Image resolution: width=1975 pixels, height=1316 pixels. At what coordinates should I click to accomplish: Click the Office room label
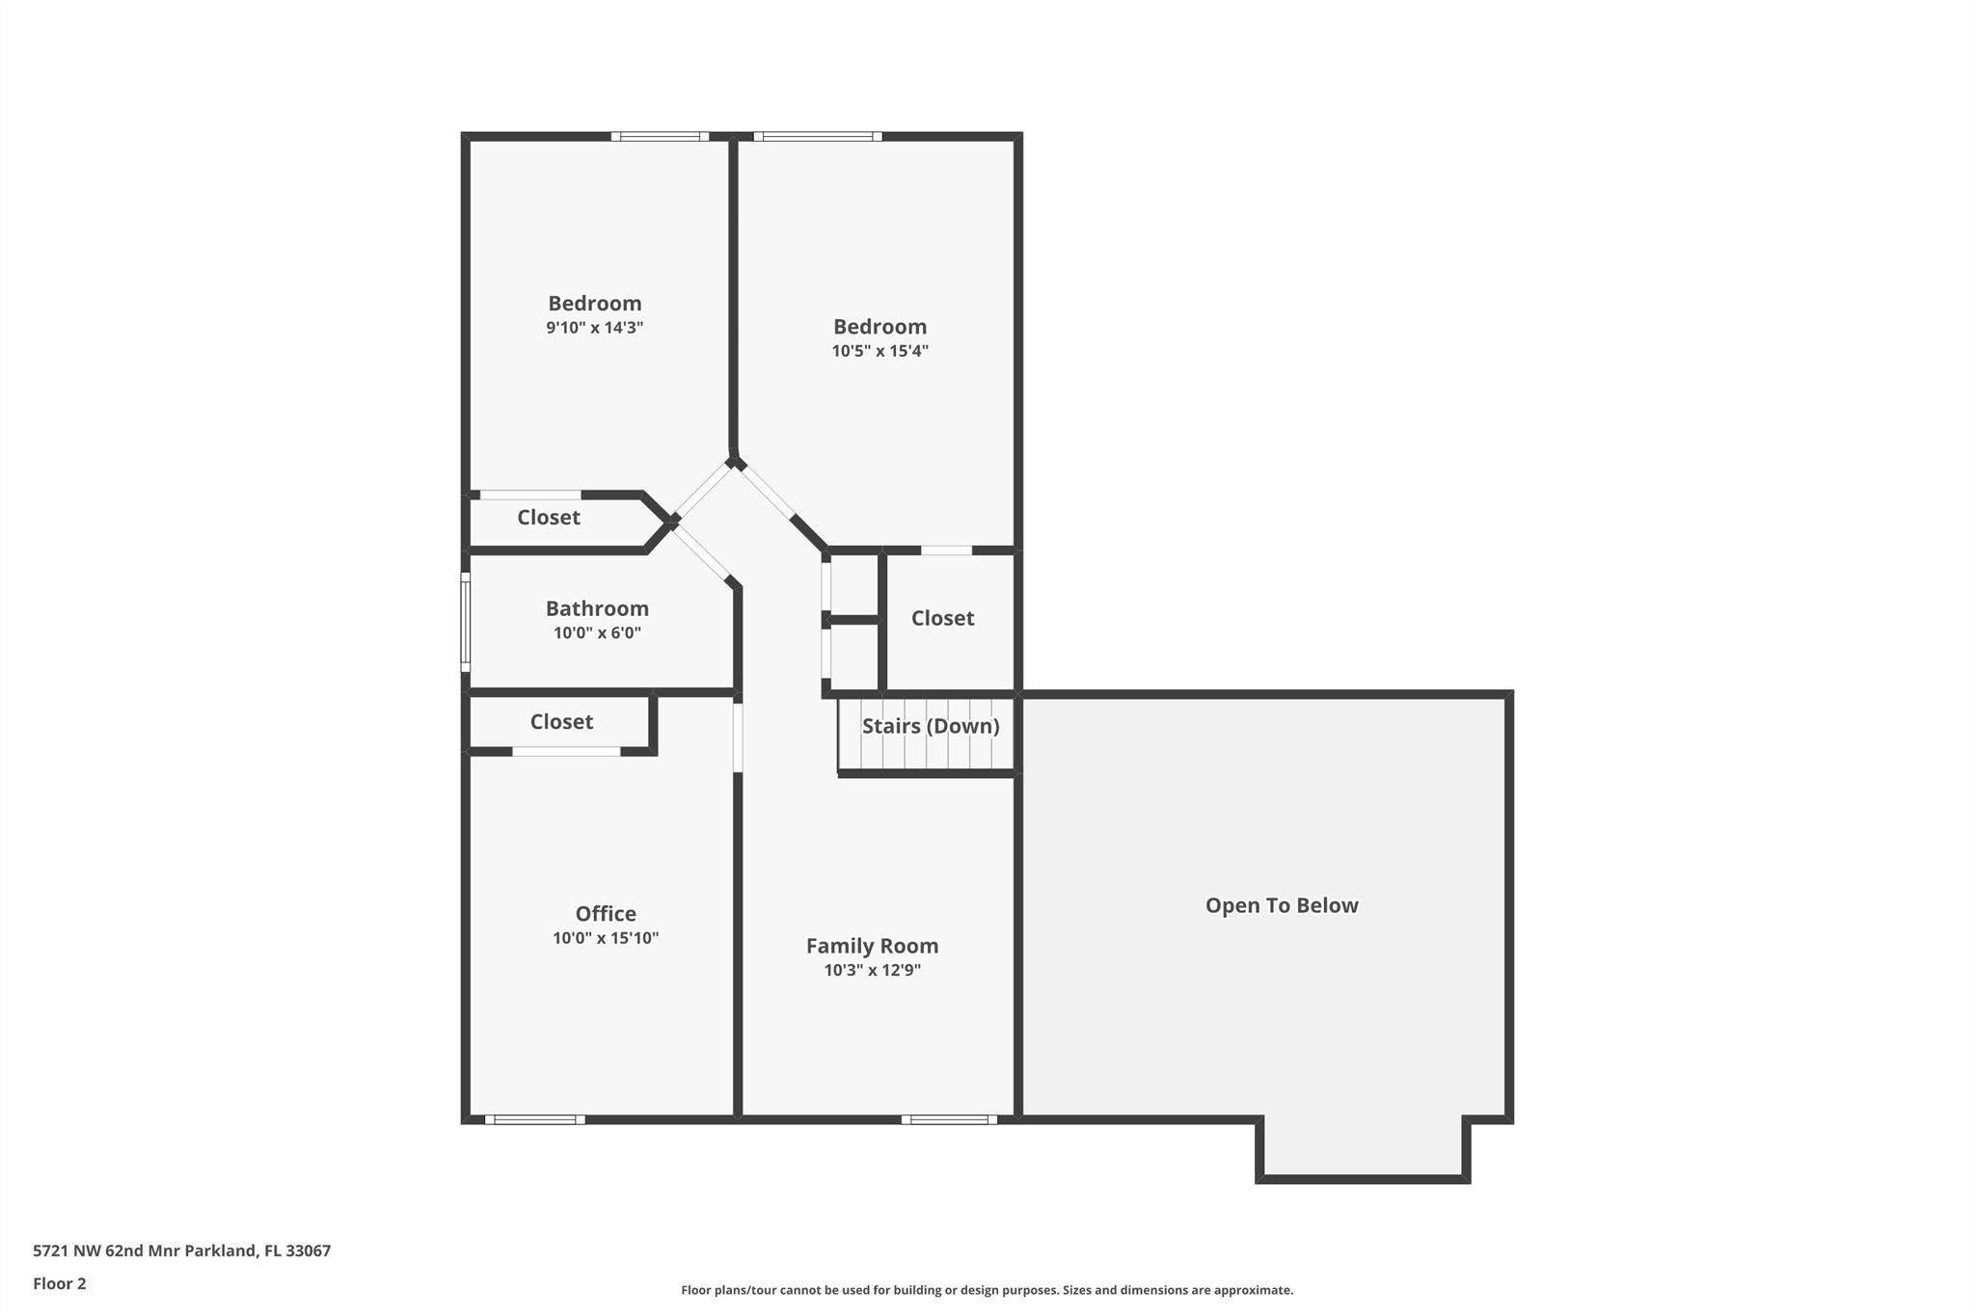click(606, 913)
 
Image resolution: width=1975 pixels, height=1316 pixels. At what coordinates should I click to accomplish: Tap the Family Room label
click(872, 946)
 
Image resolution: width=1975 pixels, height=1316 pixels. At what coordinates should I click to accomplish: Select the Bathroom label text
click(597, 608)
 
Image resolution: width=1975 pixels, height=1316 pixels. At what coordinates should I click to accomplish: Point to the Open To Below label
click(1282, 905)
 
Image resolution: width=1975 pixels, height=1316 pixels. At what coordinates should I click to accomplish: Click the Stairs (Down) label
click(931, 726)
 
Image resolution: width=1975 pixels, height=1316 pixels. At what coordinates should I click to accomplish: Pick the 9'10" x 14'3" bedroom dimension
click(594, 328)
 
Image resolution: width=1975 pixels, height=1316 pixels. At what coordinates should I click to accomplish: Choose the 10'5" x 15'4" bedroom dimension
click(879, 351)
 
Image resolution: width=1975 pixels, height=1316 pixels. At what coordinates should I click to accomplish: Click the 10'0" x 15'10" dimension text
click(606, 938)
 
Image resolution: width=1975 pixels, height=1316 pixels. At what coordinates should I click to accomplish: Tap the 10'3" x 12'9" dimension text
click(872, 970)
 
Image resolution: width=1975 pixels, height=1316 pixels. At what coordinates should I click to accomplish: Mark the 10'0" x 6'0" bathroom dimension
click(597, 633)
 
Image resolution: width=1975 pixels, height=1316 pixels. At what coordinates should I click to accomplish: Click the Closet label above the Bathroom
click(549, 518)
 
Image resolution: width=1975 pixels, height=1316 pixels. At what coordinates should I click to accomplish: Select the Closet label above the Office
click(561, 722)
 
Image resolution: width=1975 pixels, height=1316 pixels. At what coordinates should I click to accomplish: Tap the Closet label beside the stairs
click(942, 618)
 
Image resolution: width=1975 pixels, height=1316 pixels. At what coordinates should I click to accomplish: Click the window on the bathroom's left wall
click(465, 622)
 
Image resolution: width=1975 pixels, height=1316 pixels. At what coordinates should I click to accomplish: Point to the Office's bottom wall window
click(534, 1119)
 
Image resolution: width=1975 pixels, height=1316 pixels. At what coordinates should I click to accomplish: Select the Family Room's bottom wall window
click(949, 1119)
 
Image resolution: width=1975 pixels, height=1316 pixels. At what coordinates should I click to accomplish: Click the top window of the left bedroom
click(660, 136)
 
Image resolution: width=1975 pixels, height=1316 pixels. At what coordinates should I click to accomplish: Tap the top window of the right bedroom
click(818, 136)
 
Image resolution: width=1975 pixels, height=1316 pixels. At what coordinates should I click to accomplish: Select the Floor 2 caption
click(60, 1283)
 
